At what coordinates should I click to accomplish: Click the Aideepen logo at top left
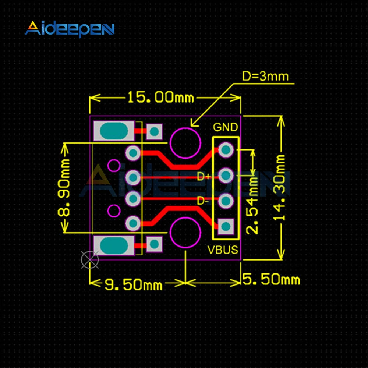coord(70,29)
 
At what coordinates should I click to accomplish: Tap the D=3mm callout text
coord(265,77)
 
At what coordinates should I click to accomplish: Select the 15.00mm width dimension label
coord(161,98)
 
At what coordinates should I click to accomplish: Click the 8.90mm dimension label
coord(64,188)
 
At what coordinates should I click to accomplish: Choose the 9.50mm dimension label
coord(133,285)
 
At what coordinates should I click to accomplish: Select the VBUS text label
coord(223,250)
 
